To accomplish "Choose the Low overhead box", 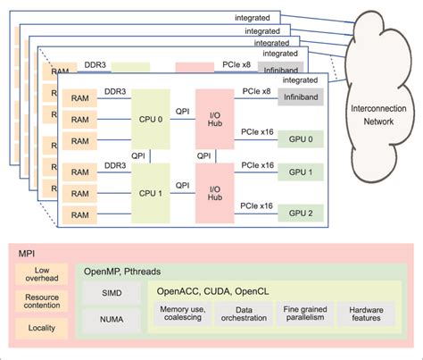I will click(x=42, y=275).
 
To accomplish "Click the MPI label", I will click(x=29, y=253).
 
